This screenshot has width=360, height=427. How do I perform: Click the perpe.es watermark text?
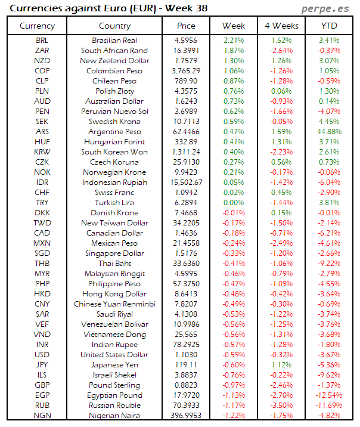[327, 9]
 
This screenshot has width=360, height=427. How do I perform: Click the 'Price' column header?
[186, 26]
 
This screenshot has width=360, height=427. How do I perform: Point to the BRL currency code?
[42, 41]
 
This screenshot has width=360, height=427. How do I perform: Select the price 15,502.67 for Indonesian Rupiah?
[186, 182]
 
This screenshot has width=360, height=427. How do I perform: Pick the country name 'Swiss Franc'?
[114, 192]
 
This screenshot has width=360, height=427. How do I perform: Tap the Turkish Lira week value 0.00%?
[234, 202]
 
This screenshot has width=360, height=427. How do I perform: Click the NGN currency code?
[42, 415]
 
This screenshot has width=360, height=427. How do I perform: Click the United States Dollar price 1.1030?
[186, 354]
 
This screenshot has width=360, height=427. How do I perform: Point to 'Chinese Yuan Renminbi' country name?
[114, 304]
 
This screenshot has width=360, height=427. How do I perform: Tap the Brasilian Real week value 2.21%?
[234, 41]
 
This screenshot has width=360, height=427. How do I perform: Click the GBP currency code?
[42, 385]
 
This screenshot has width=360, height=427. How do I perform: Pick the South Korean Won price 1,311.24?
[186, 151]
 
